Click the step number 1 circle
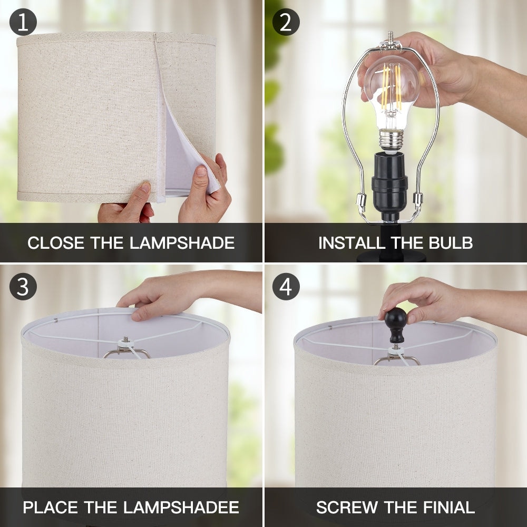[x=23, y=23]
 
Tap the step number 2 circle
[x=286, y=23]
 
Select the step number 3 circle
[x=23, y=287]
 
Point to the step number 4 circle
[x=286, y=287]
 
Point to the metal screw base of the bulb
[x=391, y=140]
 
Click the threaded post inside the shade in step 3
[x=126, y=340]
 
